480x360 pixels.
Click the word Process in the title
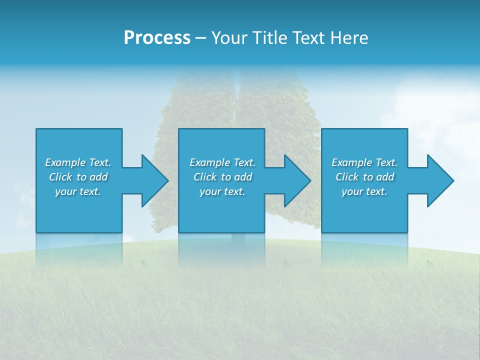point(157,38)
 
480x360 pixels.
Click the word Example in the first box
point(65,162)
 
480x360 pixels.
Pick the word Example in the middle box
point(209,162)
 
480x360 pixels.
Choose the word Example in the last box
point(351,162)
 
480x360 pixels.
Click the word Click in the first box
point(60,177)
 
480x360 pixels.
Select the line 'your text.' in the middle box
point(222,191)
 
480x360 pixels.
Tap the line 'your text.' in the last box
point(364,191)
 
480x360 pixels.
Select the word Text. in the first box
point(99,162)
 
